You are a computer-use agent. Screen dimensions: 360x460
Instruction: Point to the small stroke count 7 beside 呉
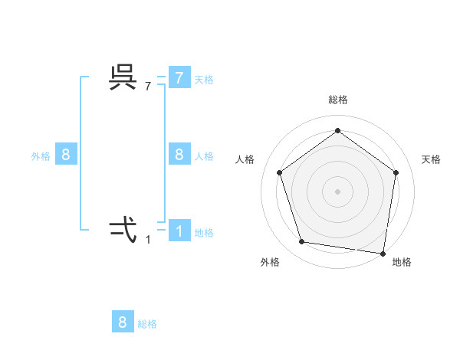148,87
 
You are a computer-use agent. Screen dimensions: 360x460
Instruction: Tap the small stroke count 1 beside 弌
148,240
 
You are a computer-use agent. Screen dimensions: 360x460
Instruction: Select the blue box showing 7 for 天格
179,78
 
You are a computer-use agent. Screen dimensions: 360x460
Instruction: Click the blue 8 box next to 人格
179,155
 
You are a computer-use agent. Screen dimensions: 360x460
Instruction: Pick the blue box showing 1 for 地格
179,231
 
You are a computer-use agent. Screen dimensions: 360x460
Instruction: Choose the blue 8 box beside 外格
66,155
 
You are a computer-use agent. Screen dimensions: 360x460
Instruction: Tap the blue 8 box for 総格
123,322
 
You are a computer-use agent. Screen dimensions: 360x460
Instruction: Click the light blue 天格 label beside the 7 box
204,80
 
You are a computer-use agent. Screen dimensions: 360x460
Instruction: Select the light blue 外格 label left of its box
41,156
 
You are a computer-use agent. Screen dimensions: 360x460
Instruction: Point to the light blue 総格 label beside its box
147,324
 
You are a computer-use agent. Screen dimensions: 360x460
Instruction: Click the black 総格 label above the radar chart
337,100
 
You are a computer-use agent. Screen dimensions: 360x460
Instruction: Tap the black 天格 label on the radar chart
431,159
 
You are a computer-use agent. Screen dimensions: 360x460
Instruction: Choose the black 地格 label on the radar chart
402,262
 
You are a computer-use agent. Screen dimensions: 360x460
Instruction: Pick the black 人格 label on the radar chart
245,159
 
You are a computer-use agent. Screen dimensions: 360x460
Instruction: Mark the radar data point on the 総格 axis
337,131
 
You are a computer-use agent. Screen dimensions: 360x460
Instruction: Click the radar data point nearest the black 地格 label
383,252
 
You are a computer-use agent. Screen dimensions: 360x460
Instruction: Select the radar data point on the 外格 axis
302,242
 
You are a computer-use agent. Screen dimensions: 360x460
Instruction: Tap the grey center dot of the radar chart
337,191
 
